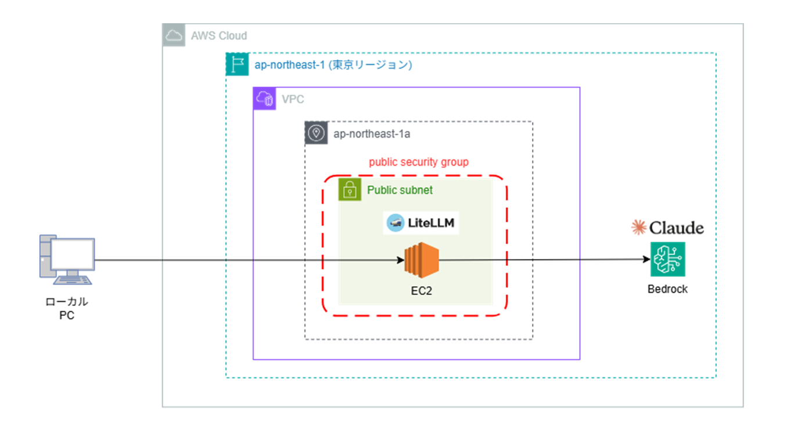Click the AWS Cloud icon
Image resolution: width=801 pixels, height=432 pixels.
(x=173, y=35)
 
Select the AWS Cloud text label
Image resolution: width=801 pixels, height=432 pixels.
(x=219, y=36)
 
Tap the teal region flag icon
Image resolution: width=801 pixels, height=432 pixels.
(x=236, y=64)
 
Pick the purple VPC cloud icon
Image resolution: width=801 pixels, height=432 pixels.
(x=264, y=99)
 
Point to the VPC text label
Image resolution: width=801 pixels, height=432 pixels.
(x=293, y=99)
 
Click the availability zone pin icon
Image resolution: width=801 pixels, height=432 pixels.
(x=316, y=133)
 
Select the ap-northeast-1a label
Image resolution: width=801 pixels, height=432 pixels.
(x=372, y=134)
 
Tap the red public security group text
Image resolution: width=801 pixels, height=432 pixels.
(x=419, y=162)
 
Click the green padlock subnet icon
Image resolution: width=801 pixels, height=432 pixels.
(x=350, y=190)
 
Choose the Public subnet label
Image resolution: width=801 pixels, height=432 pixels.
(x=400, y=190)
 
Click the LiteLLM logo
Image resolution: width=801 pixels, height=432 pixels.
(x=421, y=223)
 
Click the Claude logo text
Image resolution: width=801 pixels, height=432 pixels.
(x=667, y=228)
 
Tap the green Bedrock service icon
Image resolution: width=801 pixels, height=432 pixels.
(x=667, y=260)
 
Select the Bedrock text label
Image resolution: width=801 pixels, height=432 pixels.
(x=667, y=289)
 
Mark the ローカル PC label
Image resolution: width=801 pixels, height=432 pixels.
(x=66, y=308)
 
